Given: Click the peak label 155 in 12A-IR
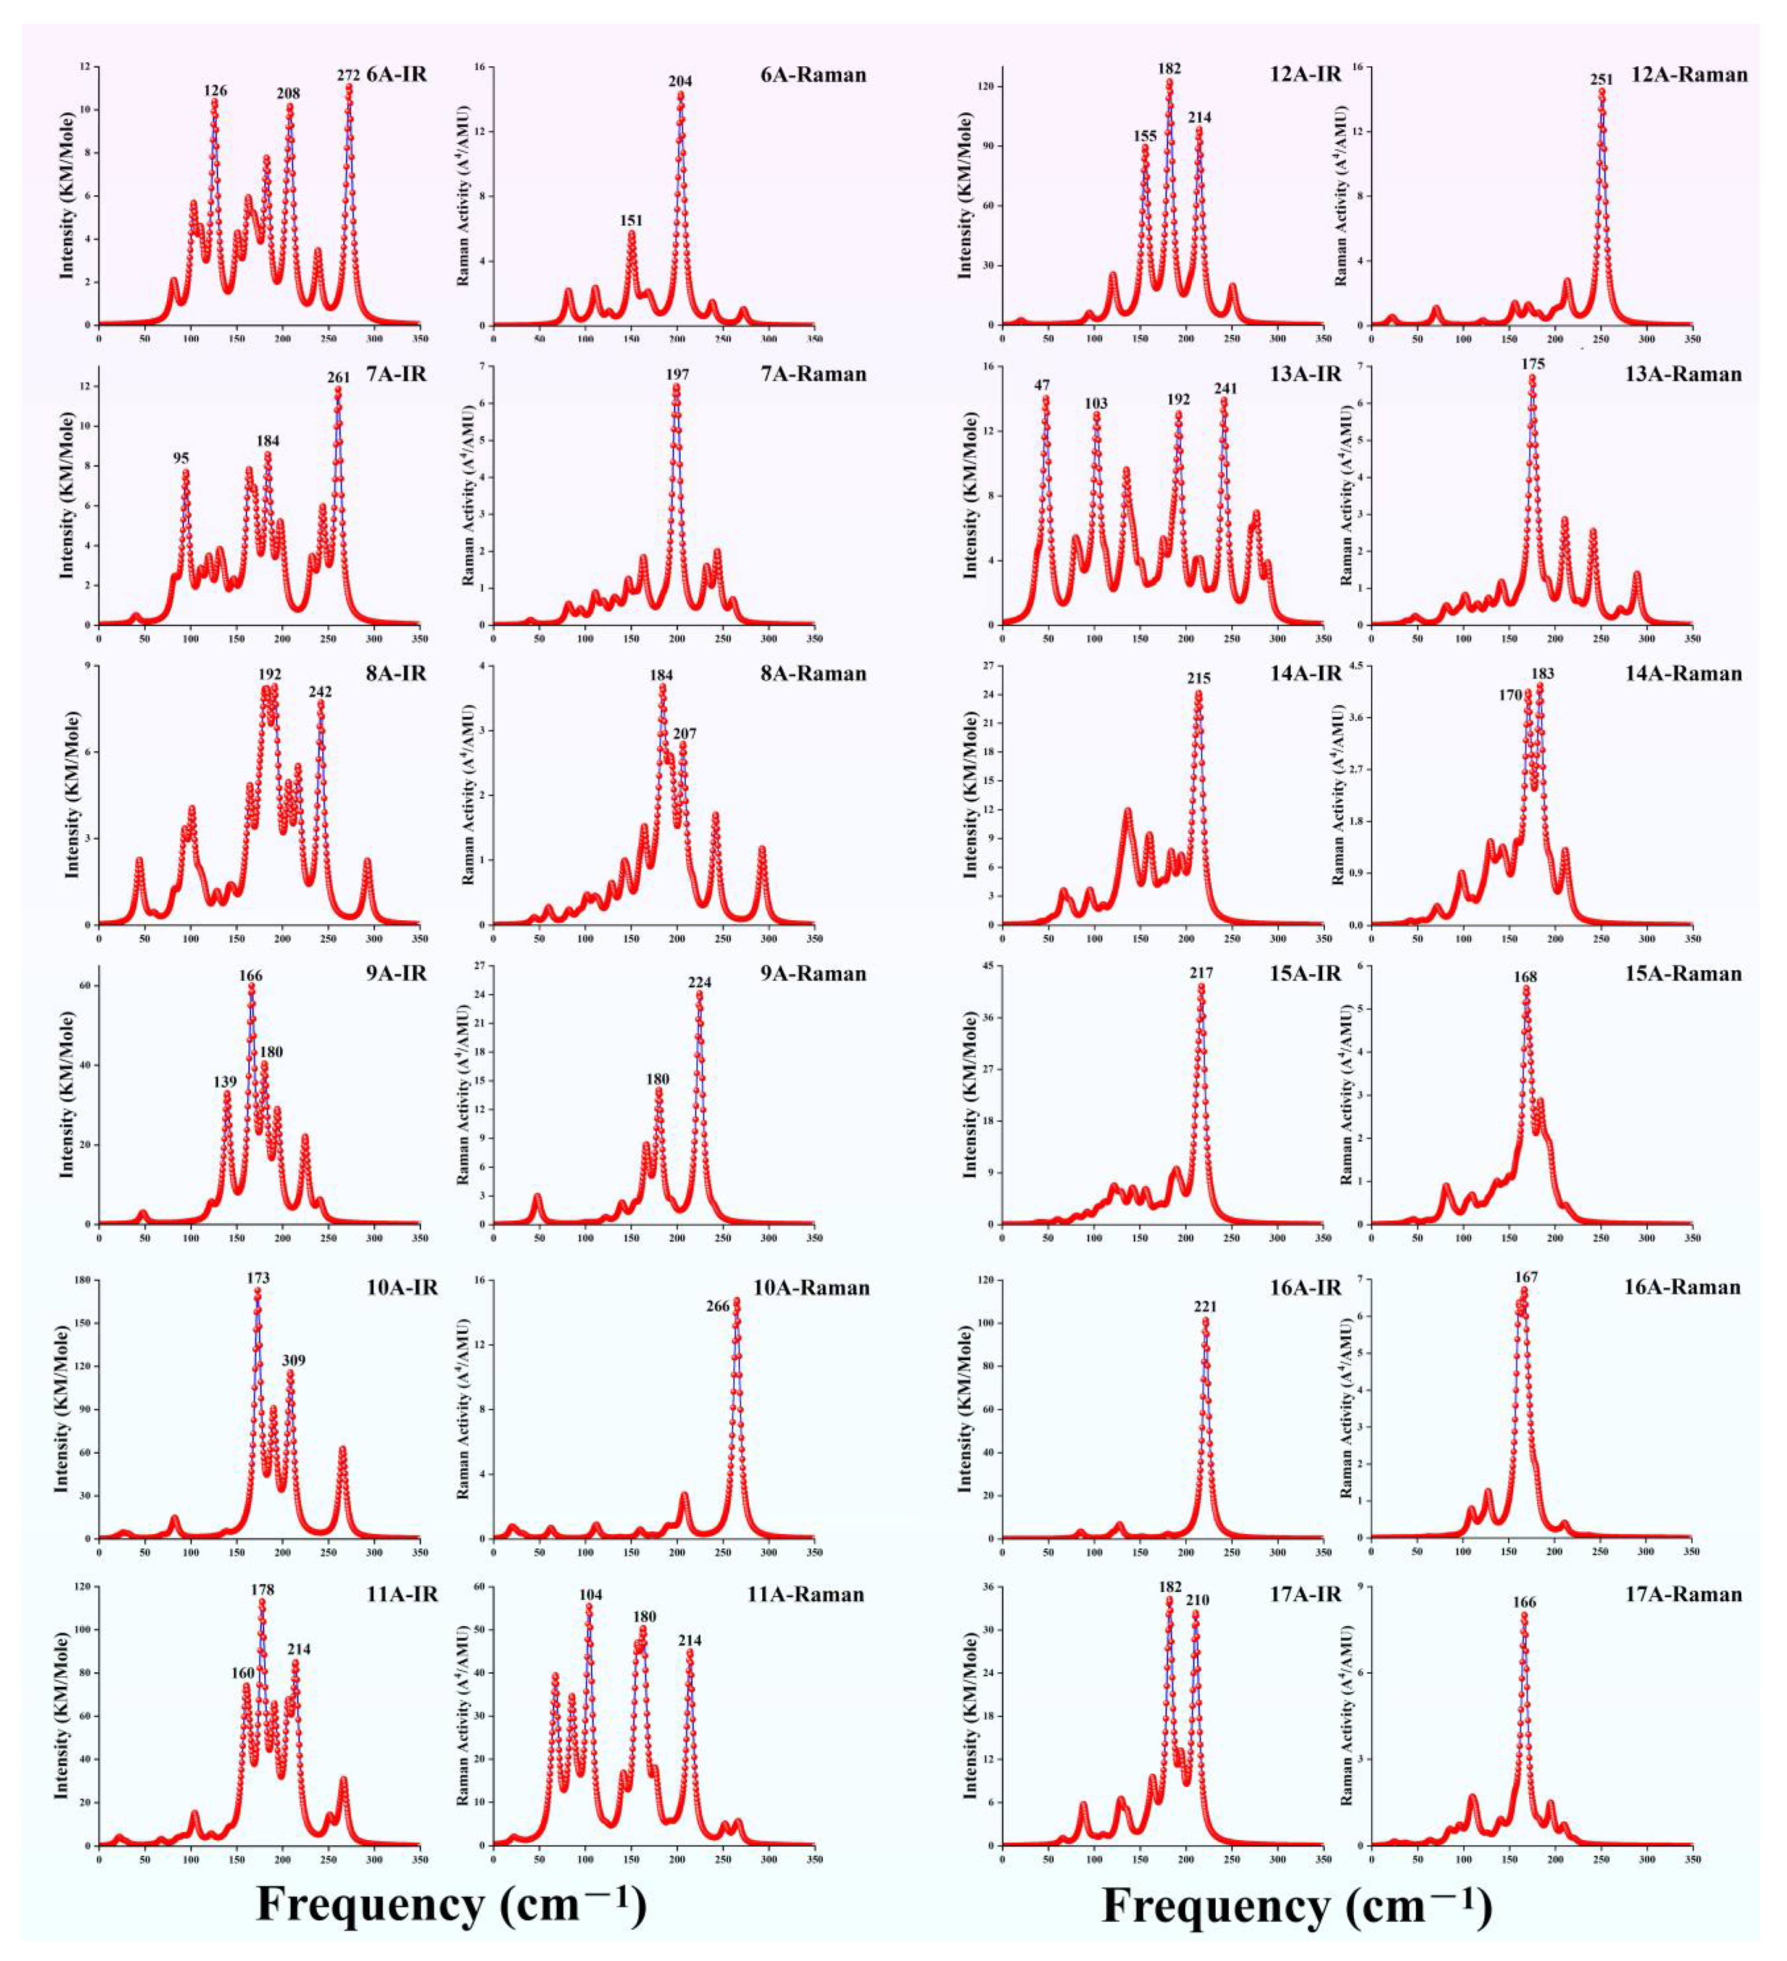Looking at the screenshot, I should click(1145, 136).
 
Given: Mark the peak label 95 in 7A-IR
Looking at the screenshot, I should click(181, 458).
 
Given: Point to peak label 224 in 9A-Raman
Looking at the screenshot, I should click(699, 982).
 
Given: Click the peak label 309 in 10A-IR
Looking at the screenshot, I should click(293, 1360).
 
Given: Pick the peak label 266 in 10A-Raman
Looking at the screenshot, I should click(718, 1307).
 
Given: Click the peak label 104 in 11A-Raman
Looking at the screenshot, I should click(591, 1595).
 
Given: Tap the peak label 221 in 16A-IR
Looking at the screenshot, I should click(1205, 1307).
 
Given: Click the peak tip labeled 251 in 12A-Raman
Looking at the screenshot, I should click(1601, 92).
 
